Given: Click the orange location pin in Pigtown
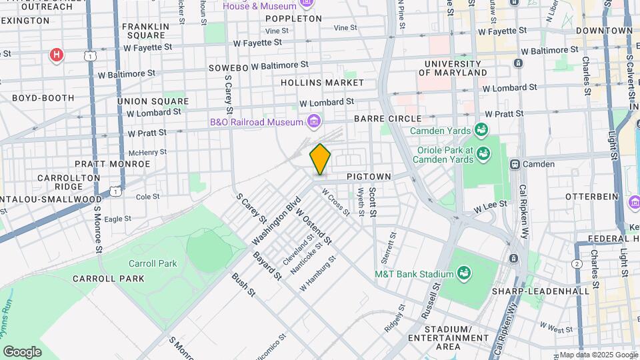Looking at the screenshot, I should pos(320,159).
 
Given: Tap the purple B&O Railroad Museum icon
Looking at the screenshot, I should pos(313,121).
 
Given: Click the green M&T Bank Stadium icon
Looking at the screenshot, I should pos(463,273).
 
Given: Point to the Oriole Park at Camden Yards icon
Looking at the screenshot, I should pos(481,156).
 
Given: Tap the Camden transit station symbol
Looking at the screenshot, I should pos(515,164).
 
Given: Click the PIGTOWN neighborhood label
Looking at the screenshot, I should pos(377,177).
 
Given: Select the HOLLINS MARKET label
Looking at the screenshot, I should pos(322,83).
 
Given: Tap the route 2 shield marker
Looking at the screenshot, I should pos(576,265).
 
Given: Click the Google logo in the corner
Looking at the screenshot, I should pos(22,351).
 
